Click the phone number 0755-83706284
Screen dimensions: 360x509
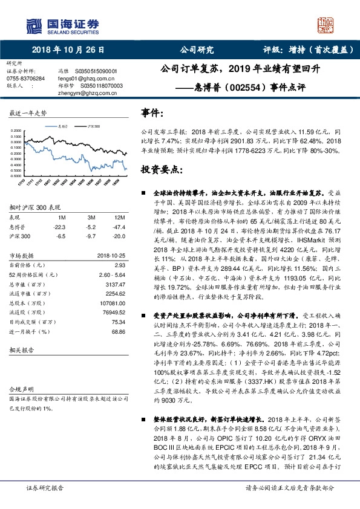coord(25,79)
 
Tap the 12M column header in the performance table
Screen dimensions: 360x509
coord(120,216)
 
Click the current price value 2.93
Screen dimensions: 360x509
coord(120,265)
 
